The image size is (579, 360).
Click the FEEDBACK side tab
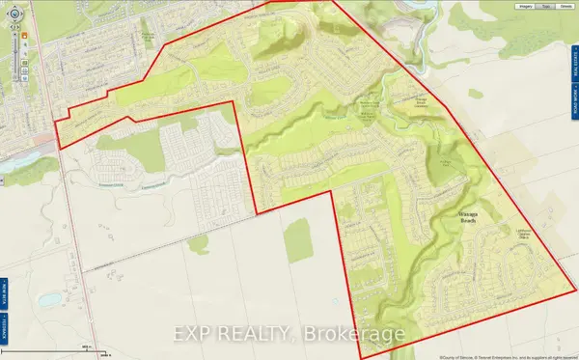coord(4,241)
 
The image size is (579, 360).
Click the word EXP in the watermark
coord(192,335)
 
